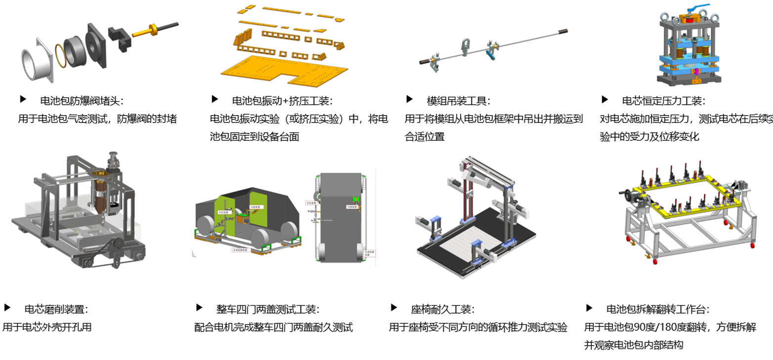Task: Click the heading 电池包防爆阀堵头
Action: click(x=82, y=101)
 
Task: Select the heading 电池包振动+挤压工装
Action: click(x=282, y=101)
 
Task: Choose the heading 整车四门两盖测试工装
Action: click(x=267, y=310)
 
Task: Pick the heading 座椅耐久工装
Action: click(x=442, y=310)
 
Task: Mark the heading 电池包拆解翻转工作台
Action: click(x=658, y=310)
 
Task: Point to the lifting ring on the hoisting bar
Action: click(x=466, y=47)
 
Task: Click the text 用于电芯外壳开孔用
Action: click(x=47, y=327)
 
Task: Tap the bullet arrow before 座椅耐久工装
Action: click(x=394, y=308)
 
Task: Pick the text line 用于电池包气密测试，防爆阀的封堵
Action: click(x=97, y=119)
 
